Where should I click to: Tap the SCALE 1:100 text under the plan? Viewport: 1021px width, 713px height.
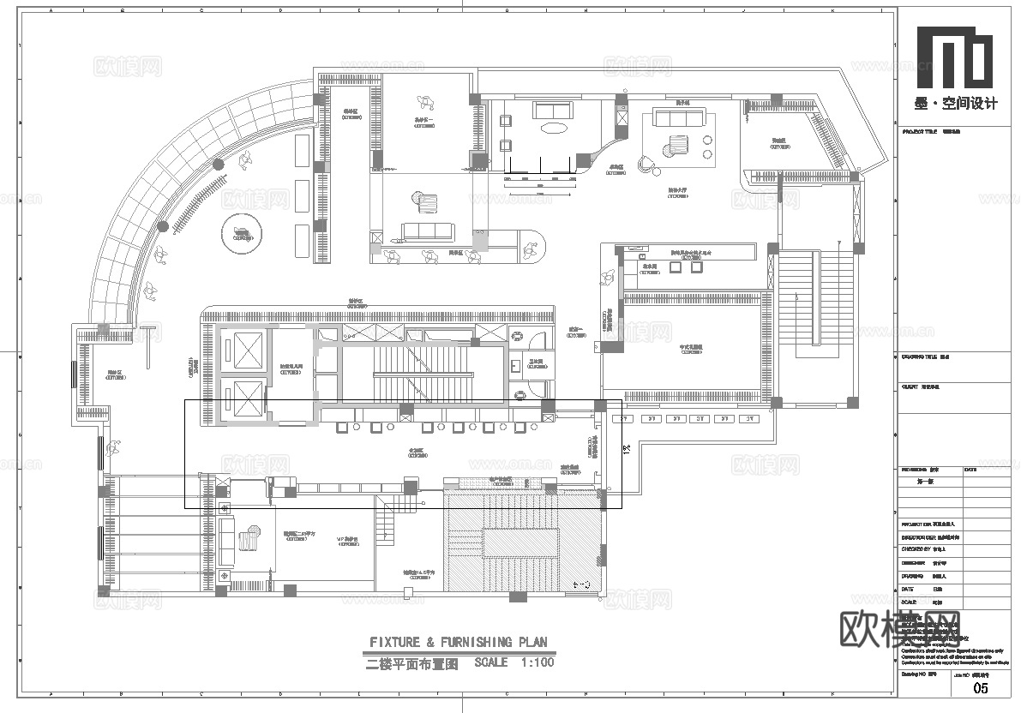pyautogui.click(x=514, y=662)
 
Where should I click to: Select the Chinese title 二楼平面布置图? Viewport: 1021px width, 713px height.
pyautogui.click(x=413, y=663)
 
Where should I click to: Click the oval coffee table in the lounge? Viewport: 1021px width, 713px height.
pyautogui.click(x=553, y=129)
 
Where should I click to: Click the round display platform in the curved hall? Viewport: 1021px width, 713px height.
pyautogui.click(x=242, y=233)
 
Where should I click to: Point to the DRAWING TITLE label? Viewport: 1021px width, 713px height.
pyautogui.click(x=920, y=357)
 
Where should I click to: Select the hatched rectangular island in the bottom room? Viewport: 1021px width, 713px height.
pyautogui.click(x=521, y=543)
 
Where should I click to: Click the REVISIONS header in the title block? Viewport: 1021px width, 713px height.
pyautogui.click(x=916, y=470)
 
